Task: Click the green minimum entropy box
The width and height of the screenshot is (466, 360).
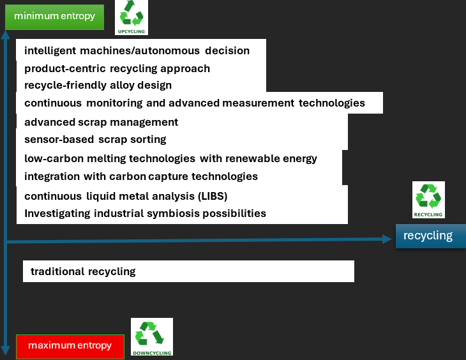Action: click(x=54, y=17)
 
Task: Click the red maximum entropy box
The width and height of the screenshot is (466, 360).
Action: click(x=70, y=346)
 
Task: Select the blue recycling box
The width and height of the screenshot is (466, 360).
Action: click(x=428, y=236)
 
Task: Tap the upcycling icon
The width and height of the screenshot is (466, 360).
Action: click(x=132, y=17)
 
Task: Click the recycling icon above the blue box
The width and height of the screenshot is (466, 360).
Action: click(x=428, y=200)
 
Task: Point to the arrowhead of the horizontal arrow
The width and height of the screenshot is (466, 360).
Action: click(x=387, y=239)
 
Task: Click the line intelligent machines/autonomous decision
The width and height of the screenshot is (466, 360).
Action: click(x=137, y=50)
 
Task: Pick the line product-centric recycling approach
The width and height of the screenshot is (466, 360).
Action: click(x=117, y=68)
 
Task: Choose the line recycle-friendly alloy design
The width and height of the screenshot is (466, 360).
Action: click(x=98, y=85)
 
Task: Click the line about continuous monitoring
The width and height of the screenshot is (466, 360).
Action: click(x=194, y=103)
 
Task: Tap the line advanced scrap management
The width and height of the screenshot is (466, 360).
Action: click(x=101, y=122)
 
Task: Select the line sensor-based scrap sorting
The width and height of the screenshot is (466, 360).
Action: click(x=95, y=139)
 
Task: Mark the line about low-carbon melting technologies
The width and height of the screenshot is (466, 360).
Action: click(x=170, y=158)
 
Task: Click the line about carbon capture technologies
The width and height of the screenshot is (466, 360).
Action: click(x=140, y=176)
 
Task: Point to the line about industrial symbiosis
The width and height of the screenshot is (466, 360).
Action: click(x=145, y=213)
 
